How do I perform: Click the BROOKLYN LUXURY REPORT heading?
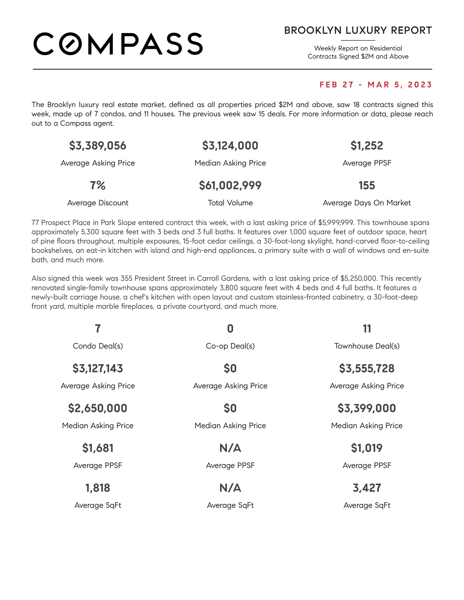[358, 31]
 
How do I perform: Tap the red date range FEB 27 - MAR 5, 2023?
[376, 85]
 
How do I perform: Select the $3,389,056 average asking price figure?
[98, 146]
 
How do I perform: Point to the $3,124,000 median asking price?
[230, 146]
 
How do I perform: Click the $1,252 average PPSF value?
[367, 146]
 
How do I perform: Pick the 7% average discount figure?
[98, 185]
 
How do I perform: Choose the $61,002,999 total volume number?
[230, 185]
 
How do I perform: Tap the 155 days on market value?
[367, 185]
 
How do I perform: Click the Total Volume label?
[230, 203]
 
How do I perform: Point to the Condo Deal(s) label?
[98, 346]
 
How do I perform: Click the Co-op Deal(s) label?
[230, 346]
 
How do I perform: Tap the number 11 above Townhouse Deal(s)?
[367, 329]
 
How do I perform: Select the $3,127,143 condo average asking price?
[98, 368]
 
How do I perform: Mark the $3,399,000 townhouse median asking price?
[367, 408]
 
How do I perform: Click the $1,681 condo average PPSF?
[98, 448]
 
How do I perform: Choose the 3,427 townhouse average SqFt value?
[367, 488]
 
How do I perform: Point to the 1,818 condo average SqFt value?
[98, 488]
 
